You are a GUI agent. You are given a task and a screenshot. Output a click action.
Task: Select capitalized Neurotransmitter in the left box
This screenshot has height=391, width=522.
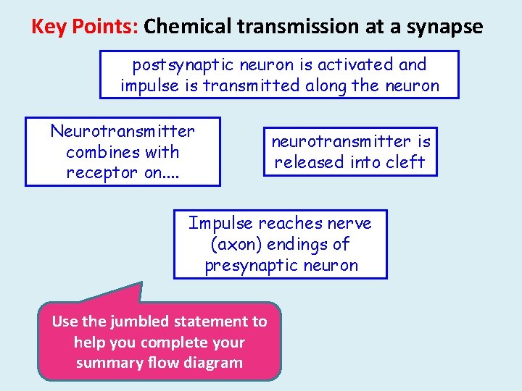[123, 131]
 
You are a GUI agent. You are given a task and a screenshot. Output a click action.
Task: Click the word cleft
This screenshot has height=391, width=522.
[406, 162]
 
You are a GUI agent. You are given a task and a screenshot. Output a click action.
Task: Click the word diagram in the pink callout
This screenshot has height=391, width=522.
[214, 363]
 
